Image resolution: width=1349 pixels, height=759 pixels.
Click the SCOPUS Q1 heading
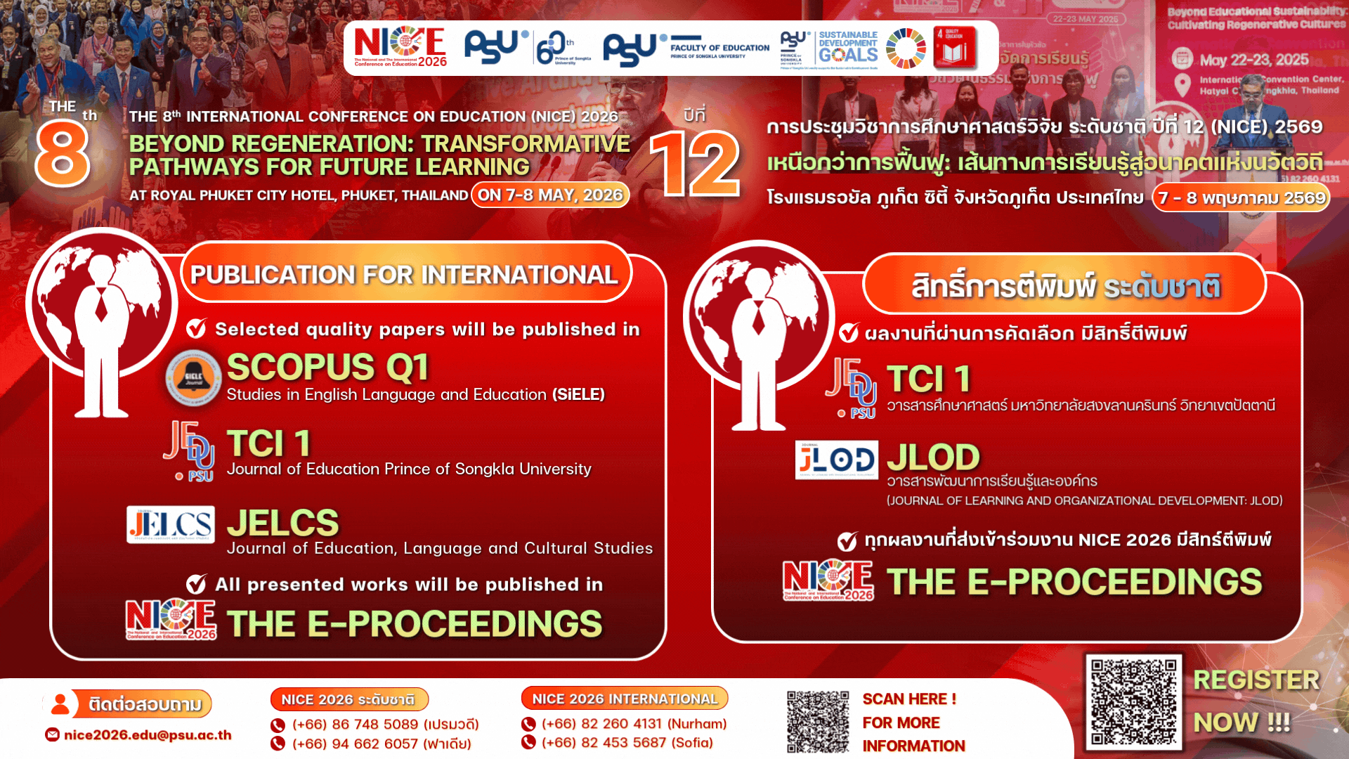point(327,367)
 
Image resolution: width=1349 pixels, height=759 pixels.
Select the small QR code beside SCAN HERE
point(818,722)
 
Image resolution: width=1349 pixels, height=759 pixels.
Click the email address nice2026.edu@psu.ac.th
point(148,735)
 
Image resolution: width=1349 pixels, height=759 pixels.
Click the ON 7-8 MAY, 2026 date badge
point(550,195)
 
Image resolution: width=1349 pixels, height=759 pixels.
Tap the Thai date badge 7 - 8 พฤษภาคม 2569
point(1242,197)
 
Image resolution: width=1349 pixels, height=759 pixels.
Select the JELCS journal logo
point(171,524)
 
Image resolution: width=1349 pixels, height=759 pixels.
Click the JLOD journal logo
point(837,460)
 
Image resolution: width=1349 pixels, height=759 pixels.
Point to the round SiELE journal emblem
point(194,378)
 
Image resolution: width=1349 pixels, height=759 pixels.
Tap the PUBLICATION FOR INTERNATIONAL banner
point(405,274)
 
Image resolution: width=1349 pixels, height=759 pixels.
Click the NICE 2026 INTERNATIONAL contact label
point(625,699)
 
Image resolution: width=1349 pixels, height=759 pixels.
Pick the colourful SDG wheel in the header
point(906,48)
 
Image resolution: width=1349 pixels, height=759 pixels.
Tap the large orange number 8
point(63,153)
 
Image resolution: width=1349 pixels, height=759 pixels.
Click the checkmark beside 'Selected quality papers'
point(196,328)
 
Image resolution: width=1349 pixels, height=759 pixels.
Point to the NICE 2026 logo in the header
point(400,47)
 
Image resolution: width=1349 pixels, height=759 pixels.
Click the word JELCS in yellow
point(283,523)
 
